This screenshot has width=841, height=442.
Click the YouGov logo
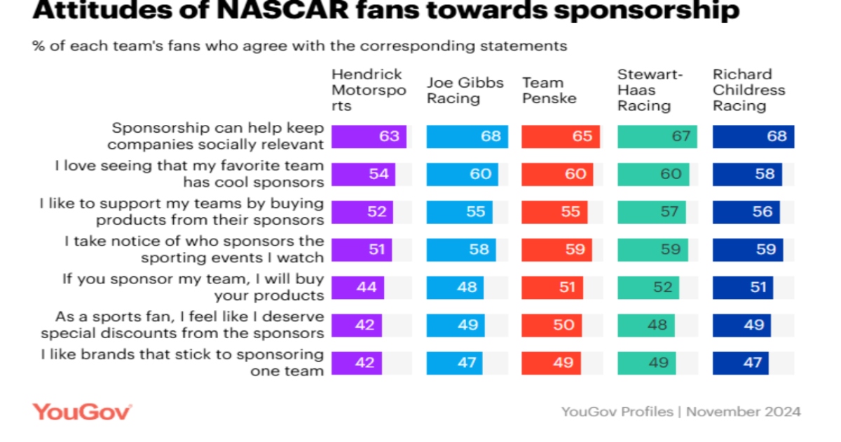[x=82, y=411]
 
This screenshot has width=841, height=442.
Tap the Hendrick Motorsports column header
[x=368, y=90]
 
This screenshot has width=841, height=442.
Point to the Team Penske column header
[x=549, y=90]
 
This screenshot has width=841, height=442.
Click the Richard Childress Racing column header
[x=748, y=90]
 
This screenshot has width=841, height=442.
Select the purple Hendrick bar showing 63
[x=369, y=136]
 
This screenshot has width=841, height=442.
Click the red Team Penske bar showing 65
[x=561, y=136]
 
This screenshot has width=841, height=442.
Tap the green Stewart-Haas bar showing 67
[x=657, y=136]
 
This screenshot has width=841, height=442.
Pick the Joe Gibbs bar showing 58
[x=461, y=249]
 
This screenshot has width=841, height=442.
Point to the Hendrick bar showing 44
[x=357, y=287]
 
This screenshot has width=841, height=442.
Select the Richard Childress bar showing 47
[x=740, y=363]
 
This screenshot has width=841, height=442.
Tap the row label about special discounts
[x=182, y=325]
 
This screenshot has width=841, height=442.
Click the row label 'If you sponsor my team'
[x=193, y=287]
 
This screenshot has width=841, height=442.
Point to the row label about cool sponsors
[x=189, y=174]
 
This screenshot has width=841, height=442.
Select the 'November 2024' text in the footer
[x=743, y=411]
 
